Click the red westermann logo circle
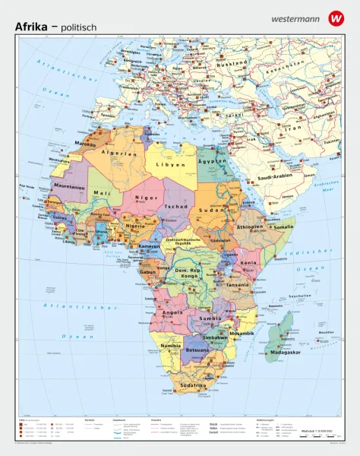pos(335,17)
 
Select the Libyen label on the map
pos(171,164)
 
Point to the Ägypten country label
pos(213,162)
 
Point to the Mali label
pos(102,193)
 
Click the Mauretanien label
pos(69,186)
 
